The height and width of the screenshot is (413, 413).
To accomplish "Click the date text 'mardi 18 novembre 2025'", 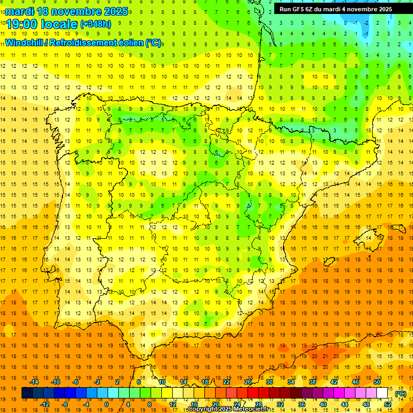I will click(67, 11).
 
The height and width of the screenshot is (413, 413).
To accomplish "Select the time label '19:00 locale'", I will click(42, 24).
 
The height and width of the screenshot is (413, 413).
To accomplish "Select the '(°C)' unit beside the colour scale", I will click(401, 394).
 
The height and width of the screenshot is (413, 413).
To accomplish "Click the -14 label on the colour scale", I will click(34, 382).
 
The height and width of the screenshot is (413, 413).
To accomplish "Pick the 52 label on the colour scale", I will click(387, 404).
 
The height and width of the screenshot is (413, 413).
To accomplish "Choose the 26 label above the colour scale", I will click(248, 382).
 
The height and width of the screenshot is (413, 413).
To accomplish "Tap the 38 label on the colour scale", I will click(312, 382).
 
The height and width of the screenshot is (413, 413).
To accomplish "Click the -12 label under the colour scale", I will click(45, 404).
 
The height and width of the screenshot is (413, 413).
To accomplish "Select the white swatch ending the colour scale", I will click(382, 393).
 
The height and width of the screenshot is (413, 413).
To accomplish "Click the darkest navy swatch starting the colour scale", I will click(27, 393).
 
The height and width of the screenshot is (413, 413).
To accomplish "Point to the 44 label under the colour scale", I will click(345, 404).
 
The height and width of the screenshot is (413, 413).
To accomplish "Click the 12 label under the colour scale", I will click(173, 404).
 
